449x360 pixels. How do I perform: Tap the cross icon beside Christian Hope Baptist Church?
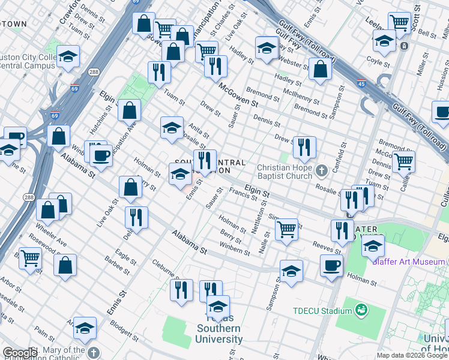click(x=322, y=172)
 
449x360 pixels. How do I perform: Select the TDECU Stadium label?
click(x=322, y=311)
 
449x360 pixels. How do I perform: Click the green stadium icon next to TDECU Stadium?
click(x=361, y=310)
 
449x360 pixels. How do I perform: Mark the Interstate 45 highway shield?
click(x=361, y=83)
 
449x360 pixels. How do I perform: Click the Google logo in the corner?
click(x=19, y=353)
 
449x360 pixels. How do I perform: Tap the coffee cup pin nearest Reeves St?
click(x=331, y=266)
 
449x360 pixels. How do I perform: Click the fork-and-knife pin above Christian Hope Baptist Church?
click(x=304, y=148)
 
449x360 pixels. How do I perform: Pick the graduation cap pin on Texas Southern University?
click(x=218, y=307)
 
